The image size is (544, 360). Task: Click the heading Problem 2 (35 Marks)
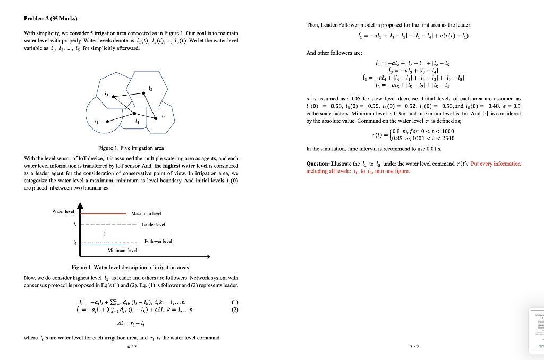click(50, 19)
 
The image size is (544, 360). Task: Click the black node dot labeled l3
click(108, 121)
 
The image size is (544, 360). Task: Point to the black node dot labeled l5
click(156, 118)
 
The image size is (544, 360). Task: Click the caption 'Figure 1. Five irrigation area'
click(131, 148)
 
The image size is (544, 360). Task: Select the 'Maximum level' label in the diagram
click(146, 213)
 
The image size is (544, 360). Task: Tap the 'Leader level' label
click(154, 225)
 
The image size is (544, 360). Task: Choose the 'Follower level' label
click(158, 242)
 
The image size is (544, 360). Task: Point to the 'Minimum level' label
click(122, 250)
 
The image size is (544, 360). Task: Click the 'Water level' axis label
click(63, 211)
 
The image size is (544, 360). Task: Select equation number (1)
click(235, 303)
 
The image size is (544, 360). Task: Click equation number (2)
click(235, 310)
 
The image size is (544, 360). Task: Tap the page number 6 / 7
click(131, 347)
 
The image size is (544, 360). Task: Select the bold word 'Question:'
click(318, 164)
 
